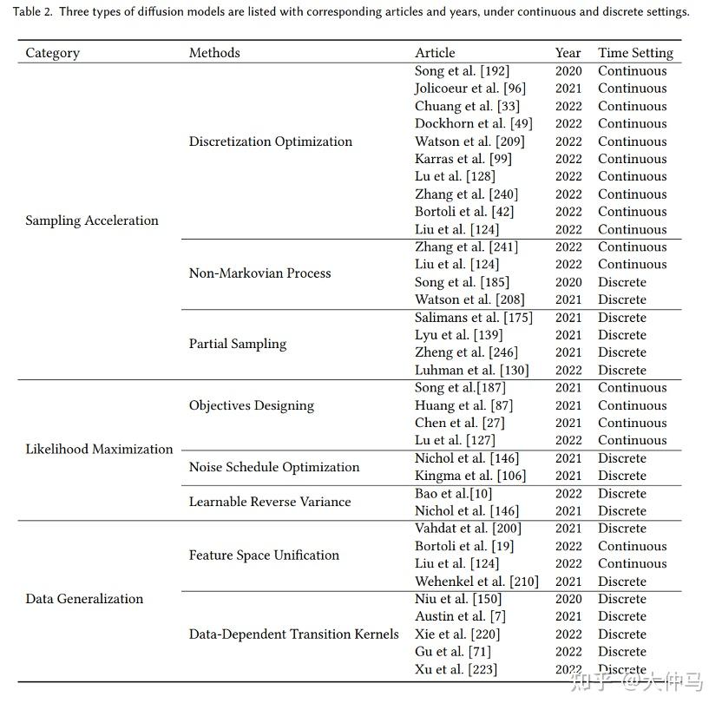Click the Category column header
[x=53, y=53]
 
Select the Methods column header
[x=214, y=53]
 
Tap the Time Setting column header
[x=635, y=53]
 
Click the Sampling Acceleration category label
[x=92, y=220]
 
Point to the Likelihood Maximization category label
[x=99, y=449]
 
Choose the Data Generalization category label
[x=84, y=599]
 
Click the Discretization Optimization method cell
[x=271, y=141]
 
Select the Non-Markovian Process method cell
[x=259, y=273]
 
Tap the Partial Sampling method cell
[x=238, y=344]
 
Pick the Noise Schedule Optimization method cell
[x=274, y=467]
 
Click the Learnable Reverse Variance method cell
[x=270, y=502]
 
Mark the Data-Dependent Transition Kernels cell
[x=294, y=634]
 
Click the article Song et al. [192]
[x=462, y=71]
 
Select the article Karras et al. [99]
[x=463, y=159]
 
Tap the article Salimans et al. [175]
[x=474, y=318]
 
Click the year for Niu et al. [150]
[x=568, y=599]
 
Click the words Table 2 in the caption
[x=36, y=12]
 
